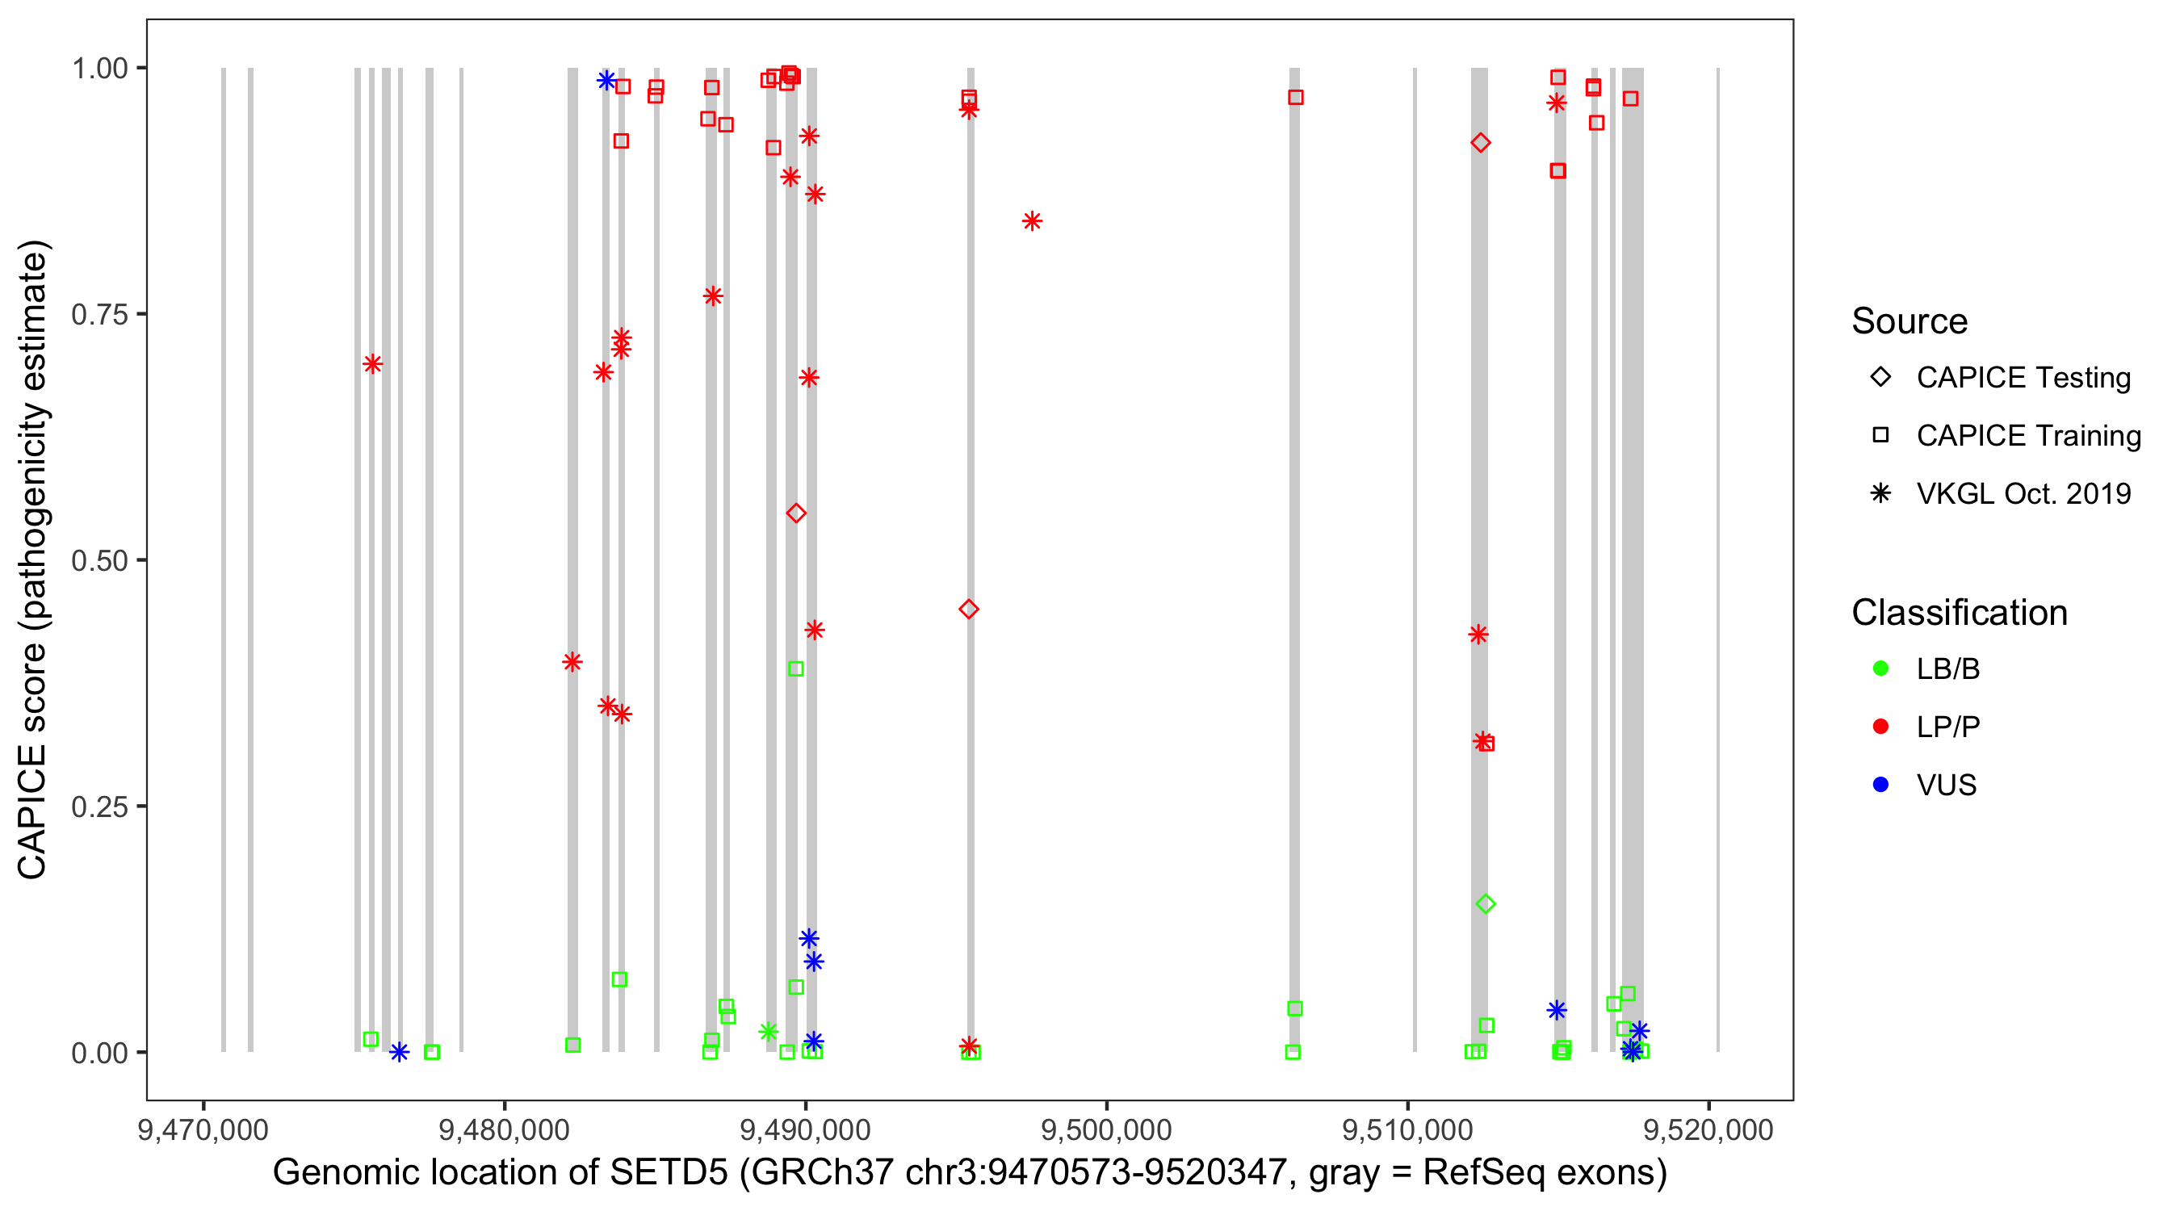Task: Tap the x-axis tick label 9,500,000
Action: point(1106,1129)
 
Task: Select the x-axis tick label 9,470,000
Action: point(203,1129)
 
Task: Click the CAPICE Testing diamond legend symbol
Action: point(1880,376)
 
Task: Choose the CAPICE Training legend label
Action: point(2028,435)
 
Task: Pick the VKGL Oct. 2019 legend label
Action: point(2023,493)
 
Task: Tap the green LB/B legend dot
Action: point(1880,668)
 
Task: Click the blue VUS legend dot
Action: point(1880,785)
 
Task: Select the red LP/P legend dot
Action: point(1880,726)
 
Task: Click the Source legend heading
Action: point(1910,321)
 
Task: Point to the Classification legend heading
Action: point(1959,613)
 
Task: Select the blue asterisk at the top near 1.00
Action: point(606,81)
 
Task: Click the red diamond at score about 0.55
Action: point(795,513)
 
